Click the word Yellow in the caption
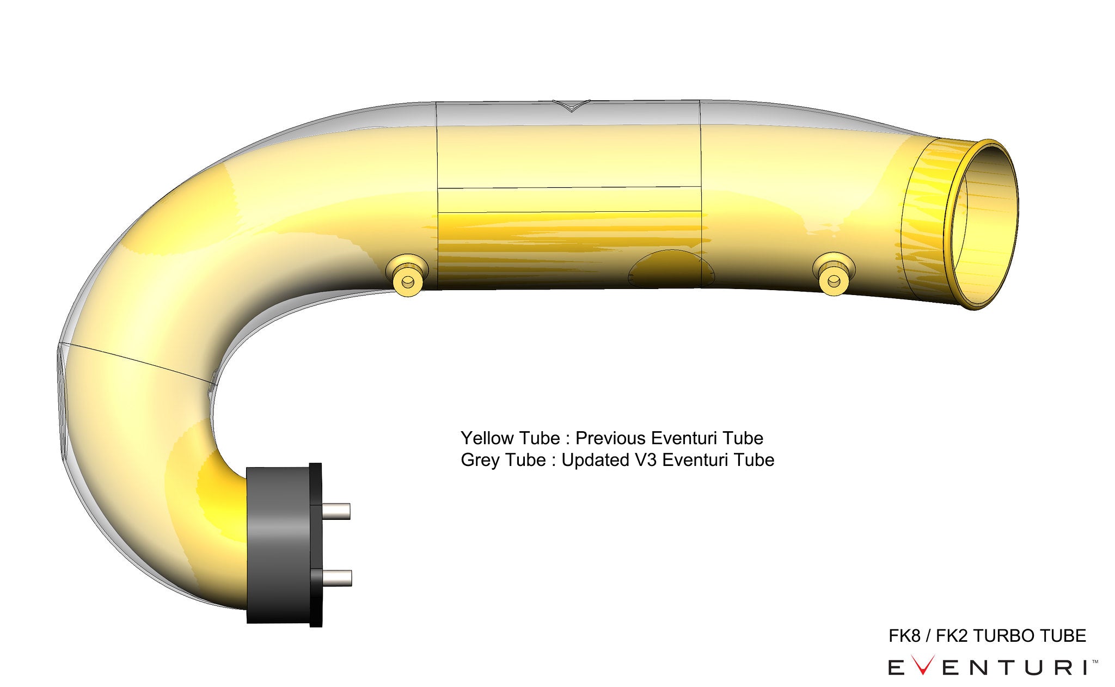coord(487,438)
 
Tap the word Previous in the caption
coord(611,438)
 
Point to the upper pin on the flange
coord(336,511)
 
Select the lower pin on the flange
coord(337,577)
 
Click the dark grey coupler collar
coord(278,544)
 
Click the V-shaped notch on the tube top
coord(572,106)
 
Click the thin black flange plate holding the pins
coord(316,544)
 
